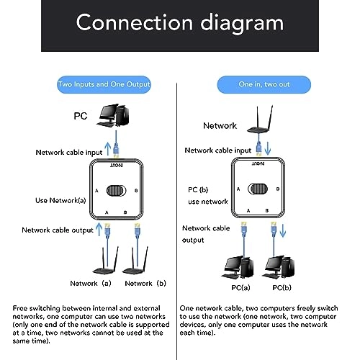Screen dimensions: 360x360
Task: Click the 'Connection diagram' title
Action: click(x=179, y=23)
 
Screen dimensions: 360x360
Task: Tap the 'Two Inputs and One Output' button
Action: click(x=104, y=84)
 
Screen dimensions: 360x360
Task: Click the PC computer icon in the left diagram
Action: click(x=115, y=115)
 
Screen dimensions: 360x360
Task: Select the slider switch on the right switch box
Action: click(x=256, y=191)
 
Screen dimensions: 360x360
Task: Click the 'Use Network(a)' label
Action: click(x=60, y=199)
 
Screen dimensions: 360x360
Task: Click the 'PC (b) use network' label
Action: click(x=208, y=197)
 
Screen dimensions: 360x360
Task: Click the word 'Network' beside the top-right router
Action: click(x=220, y=125)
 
